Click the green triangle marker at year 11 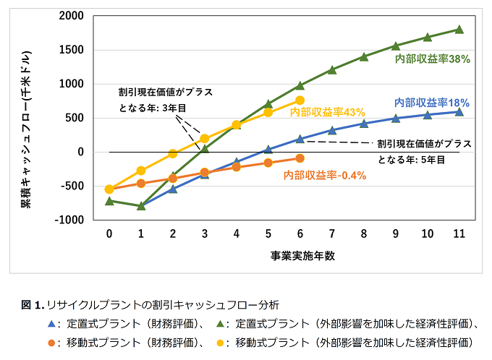click(x=459, y=30)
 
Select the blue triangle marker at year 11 click(x=459, y=111)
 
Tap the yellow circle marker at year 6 click(x=300, y=100)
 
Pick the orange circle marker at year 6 click(x=300, y=158)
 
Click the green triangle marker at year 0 click(x=109, y=200)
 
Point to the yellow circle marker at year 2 click(x=172, y=153)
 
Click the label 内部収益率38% click(x=433, y=59)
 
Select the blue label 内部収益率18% click(x=432, y=103)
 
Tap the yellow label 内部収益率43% click(x=327, y=112)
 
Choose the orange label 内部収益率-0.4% click(x=324, y=175)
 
